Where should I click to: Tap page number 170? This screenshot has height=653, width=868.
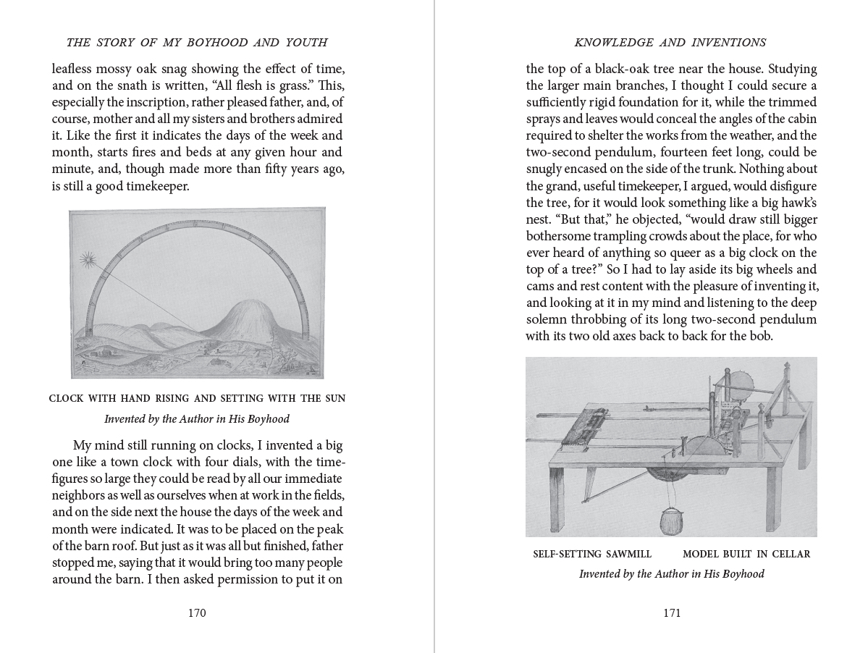tap(197, 612)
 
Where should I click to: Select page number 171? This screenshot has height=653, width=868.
tap(672, 612)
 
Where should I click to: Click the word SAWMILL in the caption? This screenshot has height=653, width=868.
tap(625, 554)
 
